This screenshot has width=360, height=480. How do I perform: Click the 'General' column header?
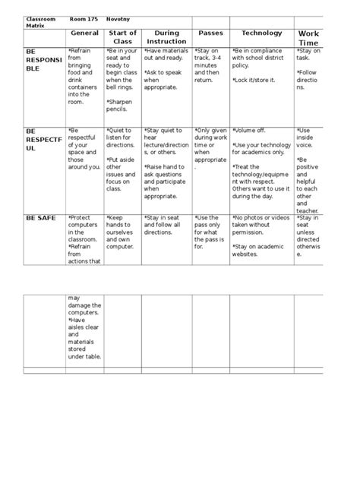coord(84,33)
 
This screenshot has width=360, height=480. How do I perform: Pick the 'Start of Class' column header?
coord(122,37)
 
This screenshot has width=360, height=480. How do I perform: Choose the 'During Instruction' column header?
coord(166,37)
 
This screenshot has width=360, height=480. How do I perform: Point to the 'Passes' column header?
coord(210,33)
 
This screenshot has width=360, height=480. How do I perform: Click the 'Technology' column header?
coord(261,33)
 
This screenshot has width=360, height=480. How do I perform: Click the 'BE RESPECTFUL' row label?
coord(43,140)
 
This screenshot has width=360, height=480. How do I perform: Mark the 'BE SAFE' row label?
coord(41,218)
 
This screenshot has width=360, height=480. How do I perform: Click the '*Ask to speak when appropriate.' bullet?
coord(162,80)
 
